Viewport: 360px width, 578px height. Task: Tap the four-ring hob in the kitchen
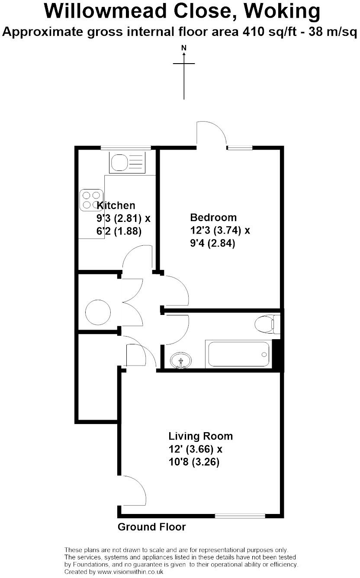coord(91,200)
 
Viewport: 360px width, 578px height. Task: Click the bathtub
coord(238,354)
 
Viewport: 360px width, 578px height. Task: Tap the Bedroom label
coord(213,218)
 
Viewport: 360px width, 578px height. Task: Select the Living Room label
coord(200,436)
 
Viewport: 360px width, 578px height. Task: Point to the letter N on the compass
coord(184,48)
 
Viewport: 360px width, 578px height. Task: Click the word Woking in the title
coord(282,12)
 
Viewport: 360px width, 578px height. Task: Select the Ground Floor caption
coord(151,527)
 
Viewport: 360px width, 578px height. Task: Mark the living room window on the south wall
coord(240,516)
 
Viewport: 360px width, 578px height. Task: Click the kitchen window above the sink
coord(126,148)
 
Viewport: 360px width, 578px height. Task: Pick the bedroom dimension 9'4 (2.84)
coord(212,244)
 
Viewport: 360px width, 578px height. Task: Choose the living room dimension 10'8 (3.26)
coord(194,462)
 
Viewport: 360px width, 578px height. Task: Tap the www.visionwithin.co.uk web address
coord(130,572)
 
